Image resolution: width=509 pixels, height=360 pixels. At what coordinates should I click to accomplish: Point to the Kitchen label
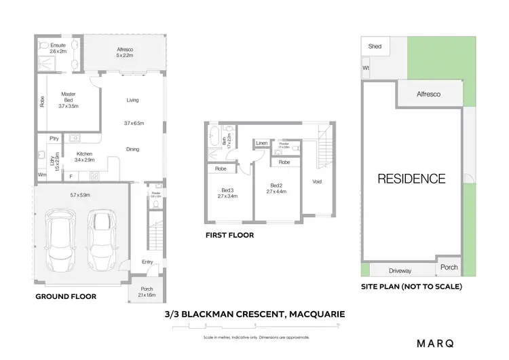click(84, 154)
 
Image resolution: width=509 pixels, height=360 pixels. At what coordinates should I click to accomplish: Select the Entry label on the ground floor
click(147, 262)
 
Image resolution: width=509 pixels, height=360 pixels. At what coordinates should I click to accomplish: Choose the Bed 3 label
click(227, 190)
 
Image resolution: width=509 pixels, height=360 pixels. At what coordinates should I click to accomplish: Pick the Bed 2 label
click(276, 185)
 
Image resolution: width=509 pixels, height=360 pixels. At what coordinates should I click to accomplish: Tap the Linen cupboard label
click(262, 143)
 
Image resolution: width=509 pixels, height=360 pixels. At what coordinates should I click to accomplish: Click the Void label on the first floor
click(316, 181)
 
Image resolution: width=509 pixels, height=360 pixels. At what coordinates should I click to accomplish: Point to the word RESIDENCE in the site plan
click(411, 179)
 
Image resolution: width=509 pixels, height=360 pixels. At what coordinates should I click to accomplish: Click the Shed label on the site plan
click(375, 47)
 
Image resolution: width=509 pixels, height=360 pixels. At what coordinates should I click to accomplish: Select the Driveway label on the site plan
click(400, 270)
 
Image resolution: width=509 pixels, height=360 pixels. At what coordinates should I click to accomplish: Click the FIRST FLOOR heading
click(229, 236)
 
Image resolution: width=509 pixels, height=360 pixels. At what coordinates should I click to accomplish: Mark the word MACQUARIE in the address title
click(318, 314)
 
